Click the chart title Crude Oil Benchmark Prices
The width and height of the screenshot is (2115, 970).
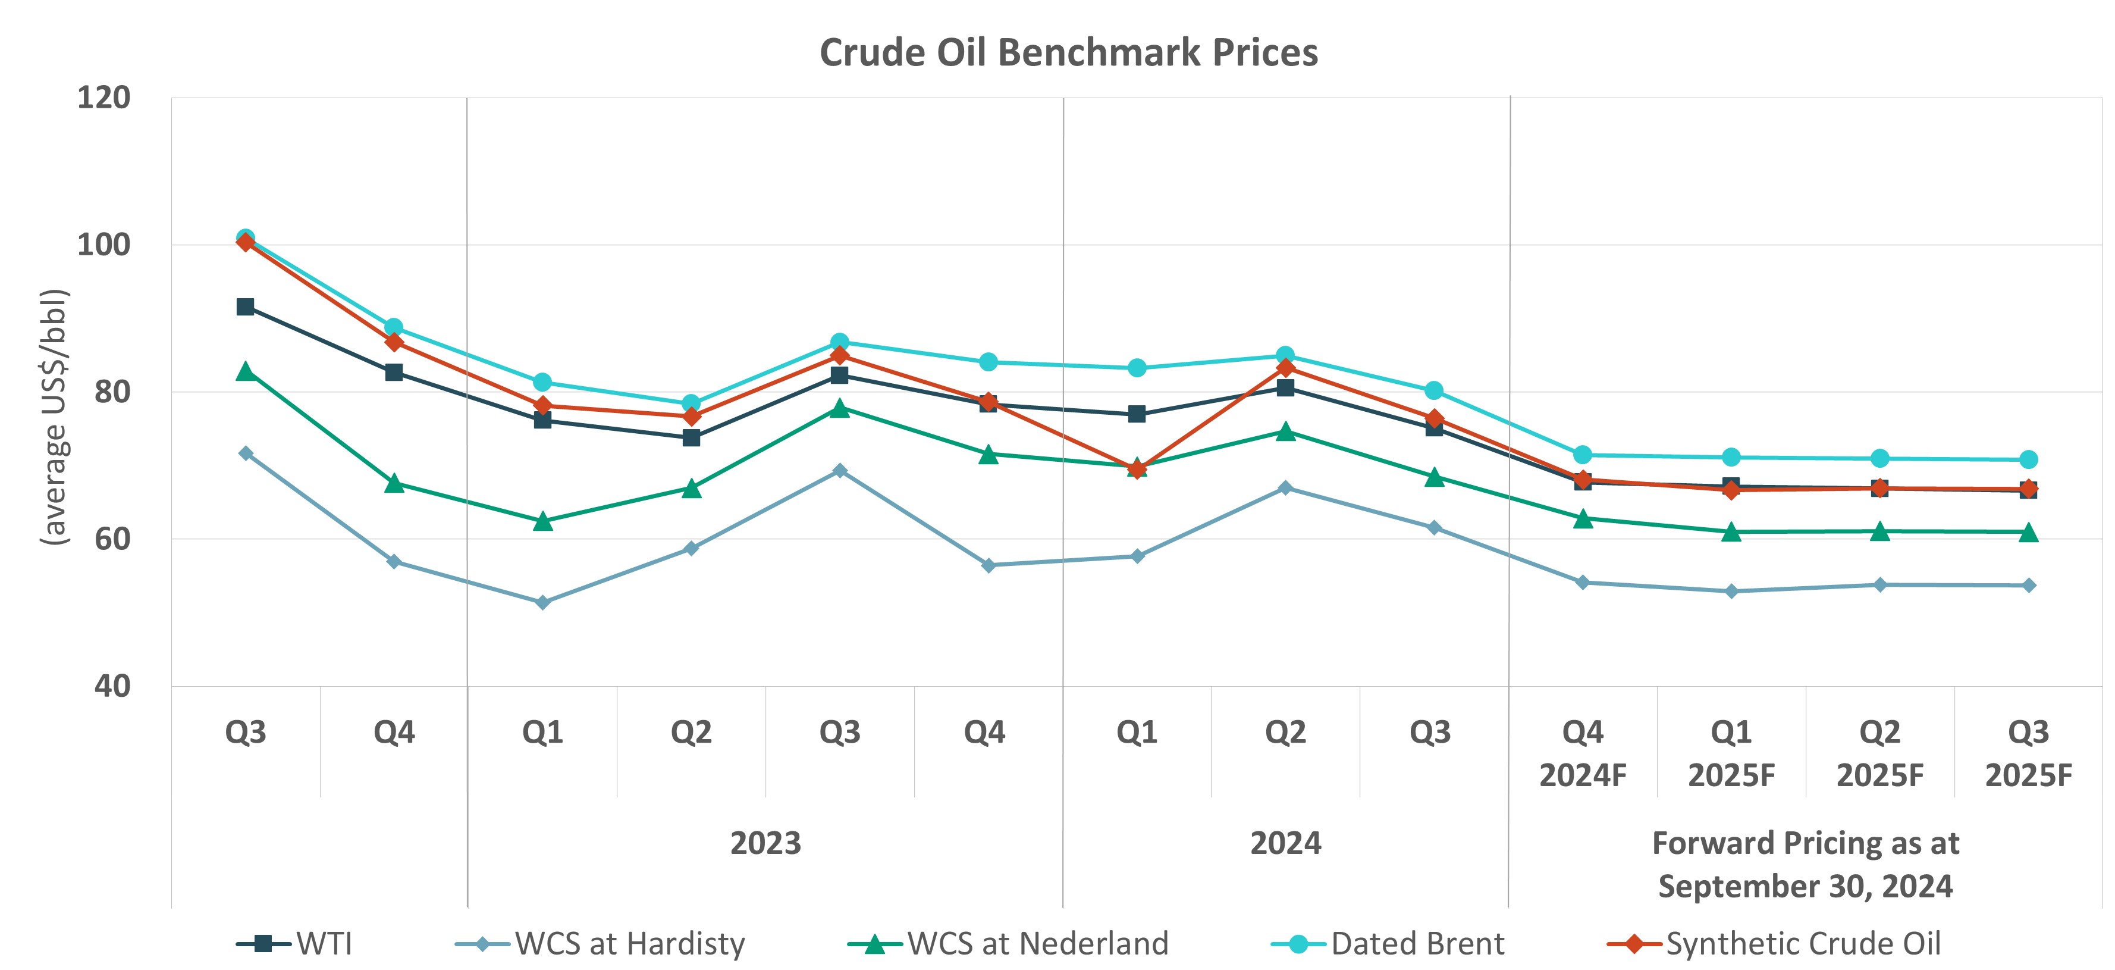click(1068, 52)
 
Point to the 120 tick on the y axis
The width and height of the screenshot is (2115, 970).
click(103, 98)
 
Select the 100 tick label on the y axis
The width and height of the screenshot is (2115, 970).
click(103, 245)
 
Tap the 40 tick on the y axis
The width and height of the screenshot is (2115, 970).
click(112, 686)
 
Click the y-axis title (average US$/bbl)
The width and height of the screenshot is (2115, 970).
click(54, 417)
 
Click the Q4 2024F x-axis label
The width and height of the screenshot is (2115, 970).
click(1582, 753)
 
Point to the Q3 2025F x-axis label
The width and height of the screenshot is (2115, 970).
click(2028, 753)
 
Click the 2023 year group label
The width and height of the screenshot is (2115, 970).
click(765, 843)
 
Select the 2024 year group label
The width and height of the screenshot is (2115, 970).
click(1285, 843)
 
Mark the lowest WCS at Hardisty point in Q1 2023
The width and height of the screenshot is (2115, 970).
click(542, 603)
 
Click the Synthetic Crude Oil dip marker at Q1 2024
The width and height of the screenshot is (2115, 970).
click(1137, 470)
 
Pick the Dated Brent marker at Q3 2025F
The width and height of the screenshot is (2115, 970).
click(2028, 459)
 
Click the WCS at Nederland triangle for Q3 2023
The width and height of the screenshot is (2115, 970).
click(839, 408)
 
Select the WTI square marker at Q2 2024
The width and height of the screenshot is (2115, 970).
click(1285, 387)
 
